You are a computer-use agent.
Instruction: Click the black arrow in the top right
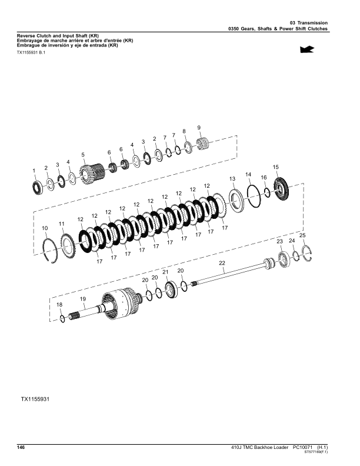point(307,49)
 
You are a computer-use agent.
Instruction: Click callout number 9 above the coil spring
point(199,128)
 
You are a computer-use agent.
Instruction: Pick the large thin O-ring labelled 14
point(254,196)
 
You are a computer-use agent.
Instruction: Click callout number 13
point(232,179)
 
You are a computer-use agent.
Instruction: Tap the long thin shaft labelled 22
point(229,272)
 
